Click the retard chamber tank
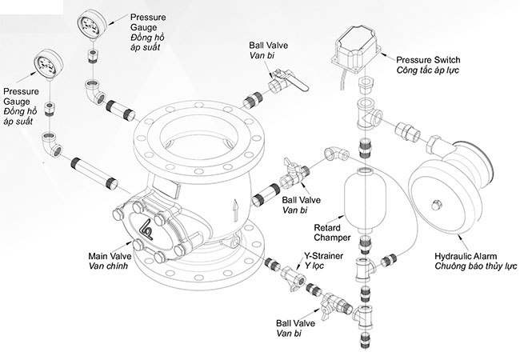tap(363, 197)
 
